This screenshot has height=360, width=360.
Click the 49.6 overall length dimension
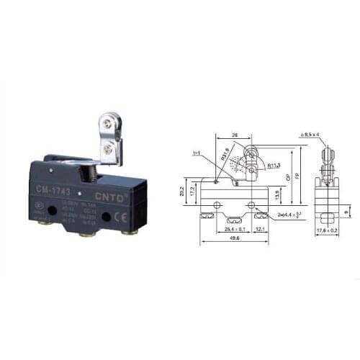pos(231,240)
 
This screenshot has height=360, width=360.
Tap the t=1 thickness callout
pos(197,153)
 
